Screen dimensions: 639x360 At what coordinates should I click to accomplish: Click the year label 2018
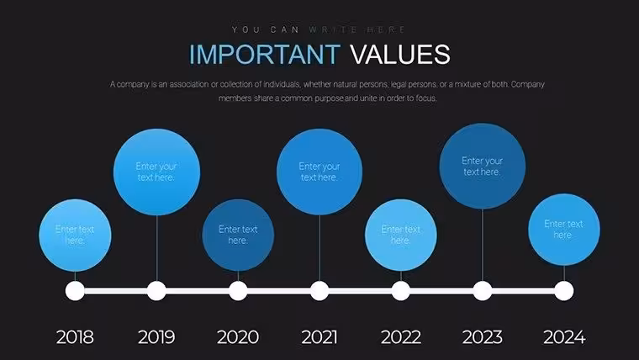(75, 337)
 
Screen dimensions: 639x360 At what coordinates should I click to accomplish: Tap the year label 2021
(319, 337)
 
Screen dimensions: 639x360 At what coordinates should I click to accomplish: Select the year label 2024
(564, 337)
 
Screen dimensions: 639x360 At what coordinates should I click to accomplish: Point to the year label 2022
(401, 337)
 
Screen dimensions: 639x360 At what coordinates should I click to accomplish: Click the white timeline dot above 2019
(156, 291)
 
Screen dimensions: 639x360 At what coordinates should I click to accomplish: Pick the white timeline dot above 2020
(238, 291)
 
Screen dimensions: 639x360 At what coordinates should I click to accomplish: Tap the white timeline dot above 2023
(483, 291)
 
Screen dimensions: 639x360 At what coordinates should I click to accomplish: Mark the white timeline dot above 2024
(564, 291)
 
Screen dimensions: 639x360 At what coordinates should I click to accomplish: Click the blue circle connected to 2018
(75, 236)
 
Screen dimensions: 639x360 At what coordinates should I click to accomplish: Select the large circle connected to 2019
(156, 172)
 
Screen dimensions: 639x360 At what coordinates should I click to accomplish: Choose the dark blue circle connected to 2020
(238, 236)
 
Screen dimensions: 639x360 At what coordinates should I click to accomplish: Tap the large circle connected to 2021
(319, 172)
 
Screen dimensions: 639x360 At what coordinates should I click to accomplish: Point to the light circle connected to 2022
(401, 236)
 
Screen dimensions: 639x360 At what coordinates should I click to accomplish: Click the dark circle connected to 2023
(483, 167)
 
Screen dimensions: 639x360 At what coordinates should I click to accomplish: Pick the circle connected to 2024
(564, 230)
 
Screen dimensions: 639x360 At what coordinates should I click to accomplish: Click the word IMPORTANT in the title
(265, 54)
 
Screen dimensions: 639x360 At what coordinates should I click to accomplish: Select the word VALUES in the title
(400, 54)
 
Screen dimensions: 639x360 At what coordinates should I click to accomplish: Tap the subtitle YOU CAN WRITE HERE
(319, 29)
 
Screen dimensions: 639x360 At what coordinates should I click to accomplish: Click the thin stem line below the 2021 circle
(319, 248)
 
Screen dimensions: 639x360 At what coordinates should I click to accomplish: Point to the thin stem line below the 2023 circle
(483, 246)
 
